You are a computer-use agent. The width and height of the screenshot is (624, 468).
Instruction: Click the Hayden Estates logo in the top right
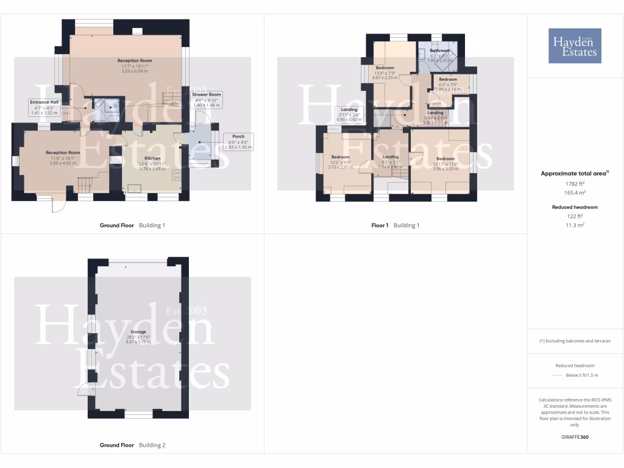tap(575, 46)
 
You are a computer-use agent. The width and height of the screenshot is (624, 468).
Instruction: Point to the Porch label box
tap(238, 141)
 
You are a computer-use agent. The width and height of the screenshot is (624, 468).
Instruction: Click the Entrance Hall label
tap(44, 107)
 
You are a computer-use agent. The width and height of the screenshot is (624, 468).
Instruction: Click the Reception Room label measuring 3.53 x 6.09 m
tap(134, 66)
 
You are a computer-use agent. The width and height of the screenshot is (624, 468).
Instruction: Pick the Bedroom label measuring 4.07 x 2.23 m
tap(385, 73)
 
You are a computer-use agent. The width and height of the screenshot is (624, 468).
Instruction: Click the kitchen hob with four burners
tap(177, 175)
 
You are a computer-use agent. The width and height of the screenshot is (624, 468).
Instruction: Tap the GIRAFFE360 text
tap(575, 437)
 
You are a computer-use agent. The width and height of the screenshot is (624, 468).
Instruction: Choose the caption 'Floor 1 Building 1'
tap(395, 225)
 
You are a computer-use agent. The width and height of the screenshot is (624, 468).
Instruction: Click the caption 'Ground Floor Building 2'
tap(132, 445)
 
